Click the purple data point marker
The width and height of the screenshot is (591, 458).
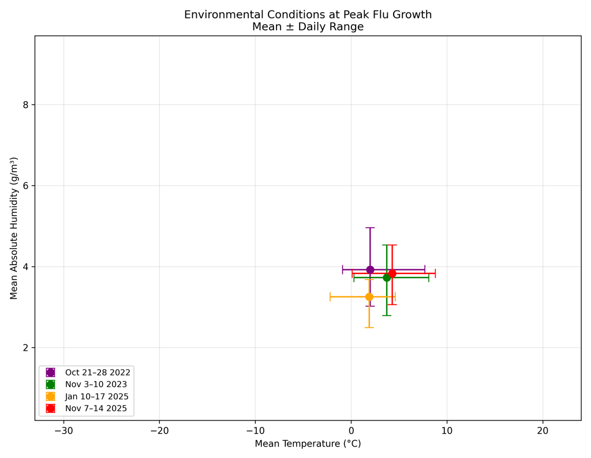370,269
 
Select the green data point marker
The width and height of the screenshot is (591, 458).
387,277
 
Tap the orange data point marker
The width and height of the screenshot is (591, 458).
369,296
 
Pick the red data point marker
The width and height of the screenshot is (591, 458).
392,273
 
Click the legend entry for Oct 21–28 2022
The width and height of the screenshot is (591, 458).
98,373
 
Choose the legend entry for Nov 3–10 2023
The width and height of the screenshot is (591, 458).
96,384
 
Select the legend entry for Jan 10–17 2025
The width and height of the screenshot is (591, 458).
96,397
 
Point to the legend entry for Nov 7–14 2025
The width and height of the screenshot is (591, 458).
96,408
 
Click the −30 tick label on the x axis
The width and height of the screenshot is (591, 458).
63,430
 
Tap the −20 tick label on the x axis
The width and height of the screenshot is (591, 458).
159,430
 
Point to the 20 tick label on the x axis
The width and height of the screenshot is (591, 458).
543,430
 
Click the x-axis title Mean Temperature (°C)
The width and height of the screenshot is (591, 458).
308,444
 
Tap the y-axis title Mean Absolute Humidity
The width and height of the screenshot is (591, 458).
14,228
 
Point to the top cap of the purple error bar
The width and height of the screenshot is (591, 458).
370,228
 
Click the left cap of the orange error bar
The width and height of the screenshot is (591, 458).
330,296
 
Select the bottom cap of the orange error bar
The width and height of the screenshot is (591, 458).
369,328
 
